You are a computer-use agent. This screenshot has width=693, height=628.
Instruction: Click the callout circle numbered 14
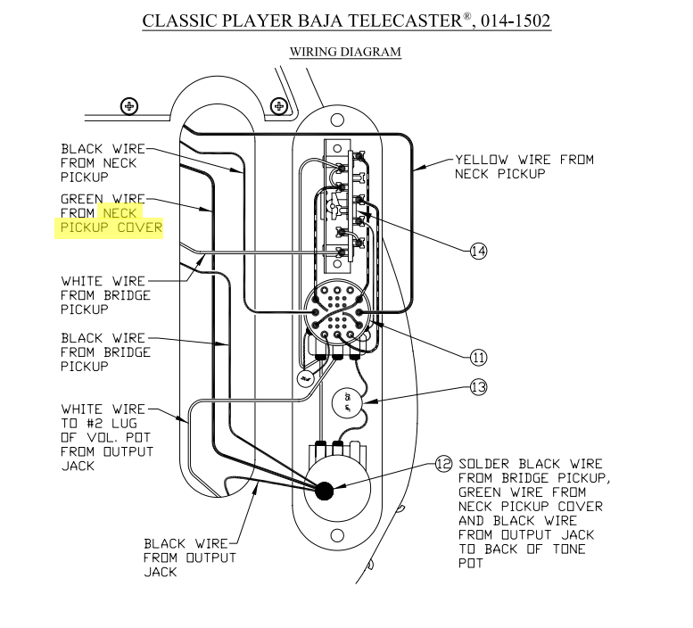(x=479, y=252)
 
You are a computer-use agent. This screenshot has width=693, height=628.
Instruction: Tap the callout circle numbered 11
(x=479, y=358)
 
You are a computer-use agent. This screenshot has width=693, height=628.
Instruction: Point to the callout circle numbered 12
(x=443, y=463)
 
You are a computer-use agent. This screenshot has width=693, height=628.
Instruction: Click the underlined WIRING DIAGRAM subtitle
(x=345, y=52)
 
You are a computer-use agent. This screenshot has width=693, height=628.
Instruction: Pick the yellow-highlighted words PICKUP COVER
(x=111, y=227)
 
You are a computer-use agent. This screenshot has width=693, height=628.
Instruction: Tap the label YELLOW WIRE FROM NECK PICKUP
(x=524, y=167)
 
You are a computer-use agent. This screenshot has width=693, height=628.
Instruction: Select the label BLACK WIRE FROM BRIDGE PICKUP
(x=105, y=351)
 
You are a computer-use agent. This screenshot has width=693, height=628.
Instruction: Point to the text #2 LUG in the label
(x=119, y=424)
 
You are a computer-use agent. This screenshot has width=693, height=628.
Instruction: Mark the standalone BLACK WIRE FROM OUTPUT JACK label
(x=190, y=558)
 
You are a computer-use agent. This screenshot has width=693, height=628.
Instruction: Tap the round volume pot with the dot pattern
(x=339, y=317)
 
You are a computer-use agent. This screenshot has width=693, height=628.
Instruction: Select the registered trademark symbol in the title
(x=466, y=13)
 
